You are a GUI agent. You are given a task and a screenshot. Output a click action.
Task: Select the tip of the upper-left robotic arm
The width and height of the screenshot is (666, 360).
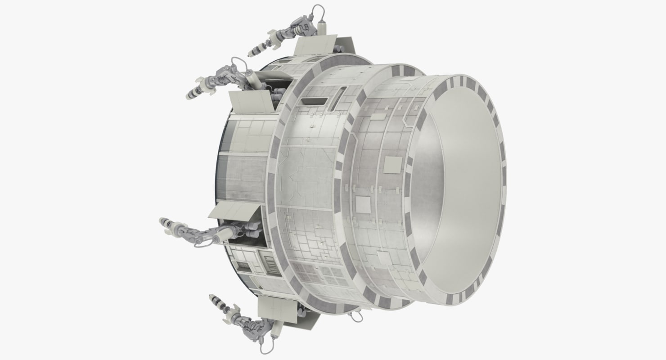click(189, 95)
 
